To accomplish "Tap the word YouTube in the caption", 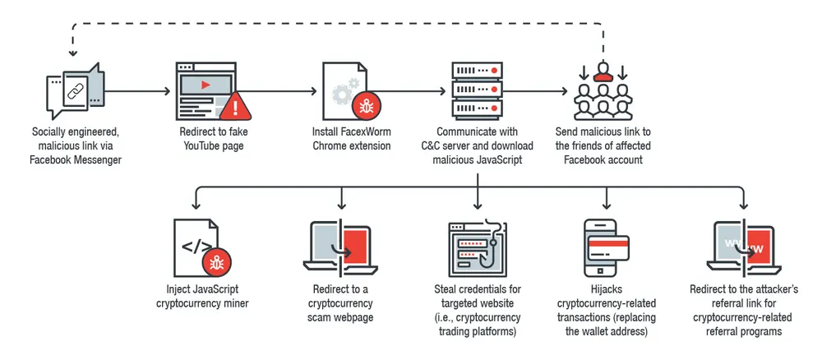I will (206, 146).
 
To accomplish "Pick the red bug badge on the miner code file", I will (217, 262).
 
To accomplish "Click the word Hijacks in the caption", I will (607, 289).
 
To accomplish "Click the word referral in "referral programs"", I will (721, 331).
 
